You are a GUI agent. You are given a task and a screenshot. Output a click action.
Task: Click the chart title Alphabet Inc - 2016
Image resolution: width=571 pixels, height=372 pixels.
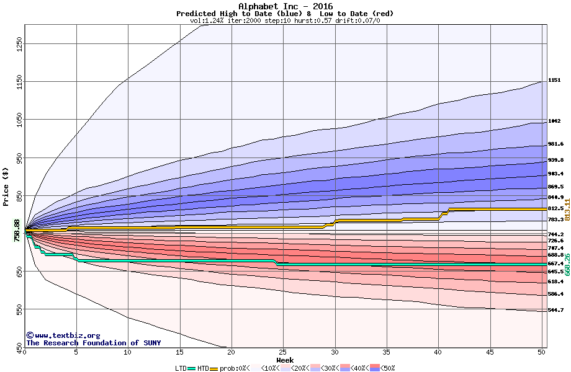click(285, 6)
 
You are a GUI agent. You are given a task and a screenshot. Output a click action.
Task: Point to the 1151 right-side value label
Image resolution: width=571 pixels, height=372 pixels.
click(554, 80)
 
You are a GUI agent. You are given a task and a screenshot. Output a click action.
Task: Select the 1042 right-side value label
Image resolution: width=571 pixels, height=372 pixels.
click(554, 122)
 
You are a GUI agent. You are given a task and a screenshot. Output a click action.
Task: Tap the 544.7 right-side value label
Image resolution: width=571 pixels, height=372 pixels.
click(555, 310)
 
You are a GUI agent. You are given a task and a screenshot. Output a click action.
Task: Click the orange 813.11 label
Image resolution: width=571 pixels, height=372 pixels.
click(567, 210)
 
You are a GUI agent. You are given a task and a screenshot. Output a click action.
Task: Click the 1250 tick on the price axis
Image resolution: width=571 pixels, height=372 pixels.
click(19, 43)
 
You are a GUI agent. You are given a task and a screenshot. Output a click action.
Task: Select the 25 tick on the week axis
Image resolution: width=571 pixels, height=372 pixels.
click(282, 352)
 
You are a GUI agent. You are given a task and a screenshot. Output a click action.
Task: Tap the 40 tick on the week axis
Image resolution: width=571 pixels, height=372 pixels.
click(437, 352)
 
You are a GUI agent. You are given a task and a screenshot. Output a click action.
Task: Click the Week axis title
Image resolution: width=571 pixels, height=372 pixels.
click(285, 360)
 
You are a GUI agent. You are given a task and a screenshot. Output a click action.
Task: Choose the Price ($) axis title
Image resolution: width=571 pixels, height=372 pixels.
click(6, 187)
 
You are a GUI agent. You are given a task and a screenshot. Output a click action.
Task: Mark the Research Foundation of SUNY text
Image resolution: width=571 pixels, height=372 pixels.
click(93, 343)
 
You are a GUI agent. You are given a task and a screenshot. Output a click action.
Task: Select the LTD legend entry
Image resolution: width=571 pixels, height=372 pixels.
click(180, 368)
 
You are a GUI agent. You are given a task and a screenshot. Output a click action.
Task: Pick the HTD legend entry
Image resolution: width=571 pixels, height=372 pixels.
click(203, 368)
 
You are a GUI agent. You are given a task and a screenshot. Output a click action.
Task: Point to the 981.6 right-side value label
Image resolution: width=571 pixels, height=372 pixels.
click(555, 144)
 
